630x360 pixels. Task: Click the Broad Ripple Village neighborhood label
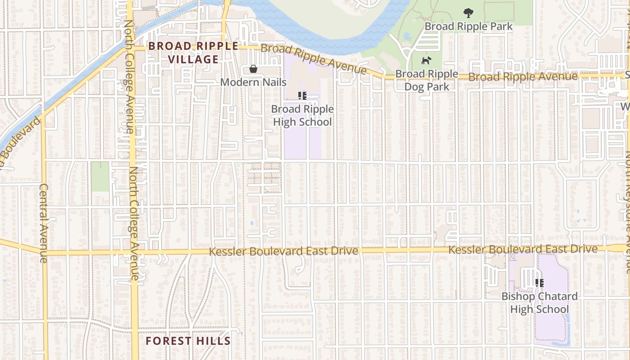(193, 53)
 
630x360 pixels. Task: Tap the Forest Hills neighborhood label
(188, 341)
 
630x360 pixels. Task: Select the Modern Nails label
(253, 82)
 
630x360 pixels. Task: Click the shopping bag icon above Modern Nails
(253, 69)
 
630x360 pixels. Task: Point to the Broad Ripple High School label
(302, 116)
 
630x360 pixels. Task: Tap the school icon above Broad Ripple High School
(302, 95)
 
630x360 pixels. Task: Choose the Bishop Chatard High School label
(540, 303)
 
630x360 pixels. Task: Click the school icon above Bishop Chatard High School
(540, 283)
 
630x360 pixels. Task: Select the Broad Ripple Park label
(468, 26)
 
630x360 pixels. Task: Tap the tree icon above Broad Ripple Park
(468, 12)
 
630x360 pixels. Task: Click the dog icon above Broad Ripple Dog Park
(426, 60)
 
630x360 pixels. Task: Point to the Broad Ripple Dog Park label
(427, 80)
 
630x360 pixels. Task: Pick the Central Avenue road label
(43, 223)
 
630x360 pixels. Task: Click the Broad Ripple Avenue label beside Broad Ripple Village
(314, 59)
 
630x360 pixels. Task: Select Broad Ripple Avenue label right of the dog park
(523, 77)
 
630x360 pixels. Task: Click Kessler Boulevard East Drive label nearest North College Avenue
(283, 251)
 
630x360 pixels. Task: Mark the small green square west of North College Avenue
(100, 176)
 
